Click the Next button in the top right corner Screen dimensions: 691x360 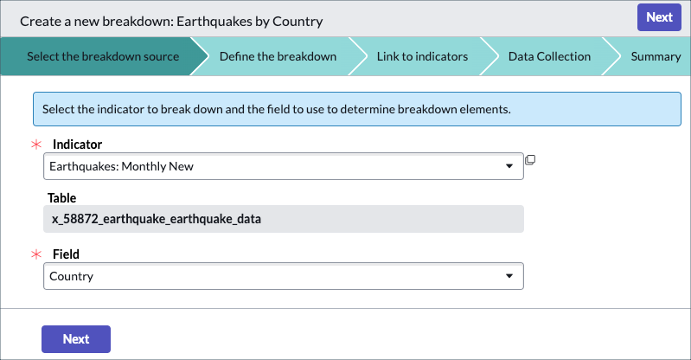point(659,17)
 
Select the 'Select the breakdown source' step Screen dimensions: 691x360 point(103,56)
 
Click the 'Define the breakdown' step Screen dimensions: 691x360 point(278,56)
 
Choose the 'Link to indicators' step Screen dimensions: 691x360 point(422,56)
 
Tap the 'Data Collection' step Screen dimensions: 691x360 point(549,56)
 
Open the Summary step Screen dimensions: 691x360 point(656,56)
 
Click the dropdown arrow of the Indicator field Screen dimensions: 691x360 point(509,166)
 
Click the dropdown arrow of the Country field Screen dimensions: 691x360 point(509,276)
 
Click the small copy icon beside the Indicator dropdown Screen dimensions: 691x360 point(530,160)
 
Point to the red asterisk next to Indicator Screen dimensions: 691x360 point(36,145)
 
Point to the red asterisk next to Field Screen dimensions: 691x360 point(36,254)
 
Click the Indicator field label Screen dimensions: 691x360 point(77,145)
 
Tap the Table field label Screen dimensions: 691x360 point(61,198)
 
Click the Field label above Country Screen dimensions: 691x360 point(66,254)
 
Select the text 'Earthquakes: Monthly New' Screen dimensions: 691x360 point(121,166)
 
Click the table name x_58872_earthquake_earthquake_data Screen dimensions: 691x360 point(156,219)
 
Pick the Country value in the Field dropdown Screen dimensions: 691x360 point(72,276)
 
